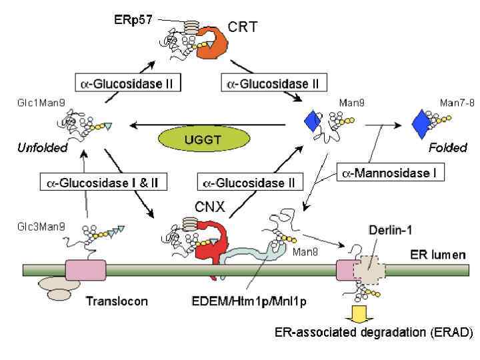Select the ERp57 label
[133, 19]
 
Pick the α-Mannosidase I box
[390, 173]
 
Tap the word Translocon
[117, 301]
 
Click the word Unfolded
[43, 148]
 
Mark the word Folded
[448, 148]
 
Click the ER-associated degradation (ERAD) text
[373, 332]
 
